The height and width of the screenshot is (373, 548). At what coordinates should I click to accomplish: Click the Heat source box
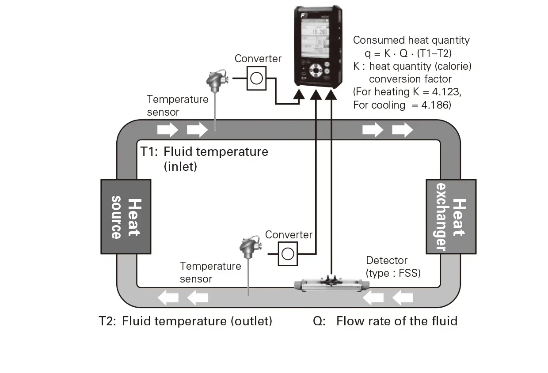[x=126, y=216]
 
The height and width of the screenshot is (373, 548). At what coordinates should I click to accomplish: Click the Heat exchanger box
[x=451, y=216]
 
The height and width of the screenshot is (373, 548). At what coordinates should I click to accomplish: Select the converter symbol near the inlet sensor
[x=256, y=78]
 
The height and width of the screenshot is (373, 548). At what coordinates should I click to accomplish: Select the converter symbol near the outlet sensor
[x=288, y=254]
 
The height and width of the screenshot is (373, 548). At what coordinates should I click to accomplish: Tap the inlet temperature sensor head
[x=215, y=80]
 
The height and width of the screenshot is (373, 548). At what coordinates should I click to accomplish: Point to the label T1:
[x=149, y=152]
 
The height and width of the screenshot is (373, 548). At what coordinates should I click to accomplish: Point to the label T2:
[x=107, y=321]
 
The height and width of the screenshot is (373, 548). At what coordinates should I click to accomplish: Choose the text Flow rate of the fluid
[x=396, y=321]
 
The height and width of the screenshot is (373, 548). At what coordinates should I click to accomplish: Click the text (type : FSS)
[x=393, y=273]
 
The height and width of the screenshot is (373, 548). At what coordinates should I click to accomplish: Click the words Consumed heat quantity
[x=411, y=40]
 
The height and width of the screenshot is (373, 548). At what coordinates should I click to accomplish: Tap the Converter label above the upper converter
[x=258, y=59]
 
